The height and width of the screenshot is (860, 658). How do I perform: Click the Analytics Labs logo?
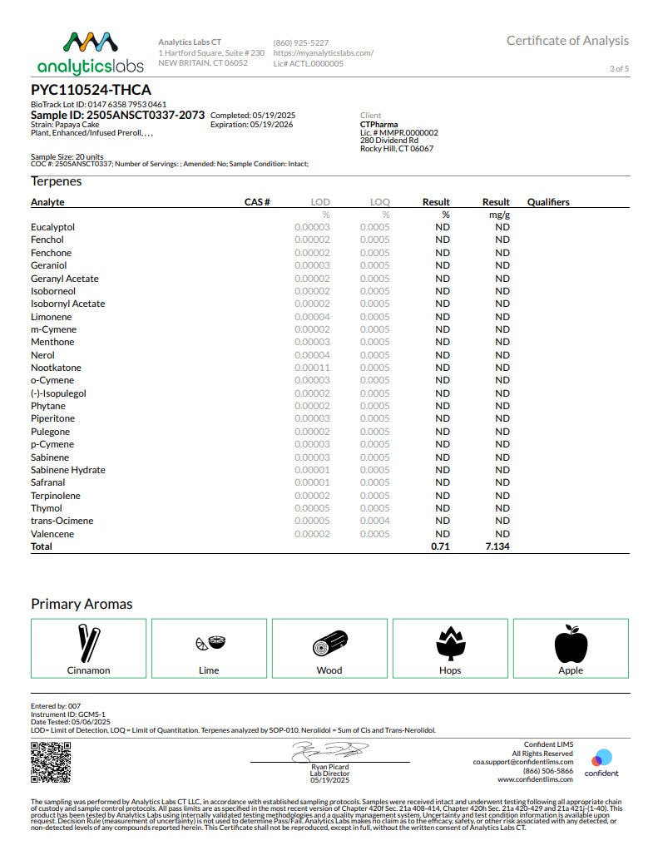pos(90,52)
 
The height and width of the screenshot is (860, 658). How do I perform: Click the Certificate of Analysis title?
pos(567,41)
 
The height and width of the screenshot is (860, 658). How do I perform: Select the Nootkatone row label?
pos(56,368)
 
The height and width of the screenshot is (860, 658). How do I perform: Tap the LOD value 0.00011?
pos(312,368)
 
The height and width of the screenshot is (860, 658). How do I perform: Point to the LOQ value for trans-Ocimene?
pos(374,521)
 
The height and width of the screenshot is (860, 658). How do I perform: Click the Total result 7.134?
pos(497,546)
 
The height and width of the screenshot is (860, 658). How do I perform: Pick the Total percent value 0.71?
pos(440,546)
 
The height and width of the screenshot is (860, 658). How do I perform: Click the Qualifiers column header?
pos(548,202)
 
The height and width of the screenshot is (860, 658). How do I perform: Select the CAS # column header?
pos(257,202)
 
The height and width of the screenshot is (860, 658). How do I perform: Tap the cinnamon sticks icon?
pos(88,642)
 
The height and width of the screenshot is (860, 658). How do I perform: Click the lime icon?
pos(210,643)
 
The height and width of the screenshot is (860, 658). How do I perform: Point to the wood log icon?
pos(329,643)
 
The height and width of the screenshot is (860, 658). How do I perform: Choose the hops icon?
pos(450,643)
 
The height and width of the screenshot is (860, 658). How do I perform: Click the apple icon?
pos(571,643)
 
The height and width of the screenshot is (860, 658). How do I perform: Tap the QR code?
pos(51,763)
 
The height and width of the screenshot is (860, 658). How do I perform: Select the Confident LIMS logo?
pos(601,761)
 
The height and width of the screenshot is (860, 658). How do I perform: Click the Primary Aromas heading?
pos(82,604)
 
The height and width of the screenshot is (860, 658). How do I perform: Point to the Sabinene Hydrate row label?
pos(68,470)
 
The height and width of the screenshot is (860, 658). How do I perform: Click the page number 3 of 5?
pos(619,68)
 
